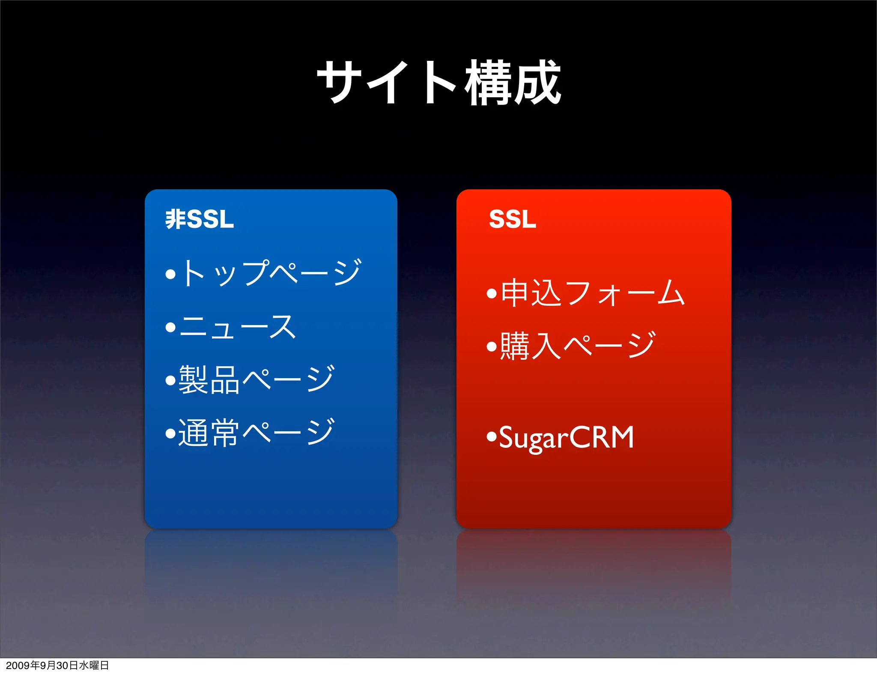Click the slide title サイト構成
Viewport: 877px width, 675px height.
[x=438, y=82]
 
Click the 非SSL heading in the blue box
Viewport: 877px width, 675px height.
[x=200, y=219]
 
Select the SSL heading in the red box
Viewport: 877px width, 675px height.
[x=512, y=219]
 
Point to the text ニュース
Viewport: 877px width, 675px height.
[x=238, y=327]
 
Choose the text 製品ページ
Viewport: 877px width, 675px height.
[x=256, y=379]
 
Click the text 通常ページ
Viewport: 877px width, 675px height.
[x=256, y=433]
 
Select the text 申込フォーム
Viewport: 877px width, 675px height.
[x=593, y=293]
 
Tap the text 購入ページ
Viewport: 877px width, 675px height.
[x=578, y=345]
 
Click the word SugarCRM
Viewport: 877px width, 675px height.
[x=566, y=438]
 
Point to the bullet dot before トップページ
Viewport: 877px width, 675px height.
[x=170, y=274]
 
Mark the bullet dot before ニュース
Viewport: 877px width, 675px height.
[x=170, y=328]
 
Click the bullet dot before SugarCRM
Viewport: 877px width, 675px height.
[x=492, y=437]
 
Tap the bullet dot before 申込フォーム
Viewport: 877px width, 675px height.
[x=492, y=294]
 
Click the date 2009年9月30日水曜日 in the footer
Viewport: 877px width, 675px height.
[x=57, y=665]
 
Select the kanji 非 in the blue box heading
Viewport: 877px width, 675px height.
[x=176, y=219]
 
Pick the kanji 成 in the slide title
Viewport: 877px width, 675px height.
[x=537, y=82]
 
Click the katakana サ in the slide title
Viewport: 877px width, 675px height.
[x=339, y=82]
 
